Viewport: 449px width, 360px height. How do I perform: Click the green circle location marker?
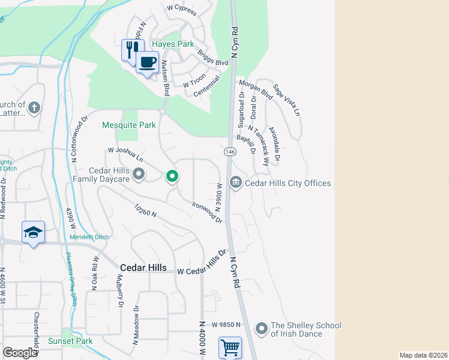tap(172, 176)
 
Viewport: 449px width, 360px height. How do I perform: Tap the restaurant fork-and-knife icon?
tap(131, 49)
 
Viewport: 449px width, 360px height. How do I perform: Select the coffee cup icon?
tap(147, 61)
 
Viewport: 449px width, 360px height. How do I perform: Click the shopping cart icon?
tap(230, 347)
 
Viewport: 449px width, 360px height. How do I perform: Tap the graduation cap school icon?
tap(33, 232)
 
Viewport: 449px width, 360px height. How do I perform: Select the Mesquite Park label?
tap(129, 125)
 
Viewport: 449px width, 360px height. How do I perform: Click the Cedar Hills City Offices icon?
tap(236, 182)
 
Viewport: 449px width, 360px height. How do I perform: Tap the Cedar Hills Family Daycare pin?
tap(139, 175)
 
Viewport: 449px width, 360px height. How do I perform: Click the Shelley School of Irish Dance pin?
tap(261, 329)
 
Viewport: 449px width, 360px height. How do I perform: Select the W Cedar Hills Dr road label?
tap(203, 263)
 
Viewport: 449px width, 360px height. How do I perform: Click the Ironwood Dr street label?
tap(207, 212)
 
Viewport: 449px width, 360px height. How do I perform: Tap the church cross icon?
tap(34, 109)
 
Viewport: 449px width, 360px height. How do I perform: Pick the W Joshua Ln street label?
tap(125, 155)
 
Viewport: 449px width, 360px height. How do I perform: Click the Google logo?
tap(20, 353)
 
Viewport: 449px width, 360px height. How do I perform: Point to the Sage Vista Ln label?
tap(286, 100)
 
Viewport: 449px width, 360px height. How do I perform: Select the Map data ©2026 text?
tap(423, 355)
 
